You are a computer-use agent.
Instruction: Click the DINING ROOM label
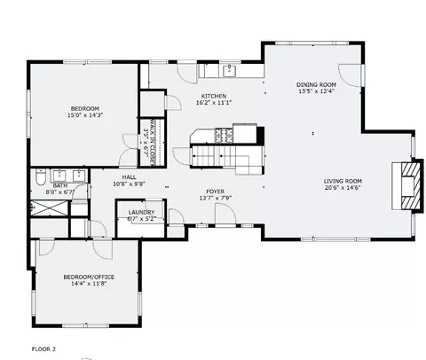316,85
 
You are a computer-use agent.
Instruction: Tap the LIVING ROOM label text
343,181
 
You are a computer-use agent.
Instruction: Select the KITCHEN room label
214,96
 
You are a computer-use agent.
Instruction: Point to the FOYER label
216,192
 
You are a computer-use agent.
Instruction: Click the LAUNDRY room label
141,212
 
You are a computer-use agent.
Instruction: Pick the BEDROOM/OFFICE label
89,277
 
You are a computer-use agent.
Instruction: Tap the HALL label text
130,177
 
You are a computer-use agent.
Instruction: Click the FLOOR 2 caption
43,349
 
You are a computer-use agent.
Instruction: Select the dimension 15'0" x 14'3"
85,115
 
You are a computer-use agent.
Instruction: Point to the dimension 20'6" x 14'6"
343,188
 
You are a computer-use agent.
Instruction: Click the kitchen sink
229,71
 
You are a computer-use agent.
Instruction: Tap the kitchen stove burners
224,136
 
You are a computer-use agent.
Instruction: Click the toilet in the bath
40,176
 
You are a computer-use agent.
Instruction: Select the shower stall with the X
50,208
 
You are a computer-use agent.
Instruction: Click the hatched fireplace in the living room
410,186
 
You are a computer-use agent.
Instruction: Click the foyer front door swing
225,215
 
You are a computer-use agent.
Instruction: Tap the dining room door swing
351,75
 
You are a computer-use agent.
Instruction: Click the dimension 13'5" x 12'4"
316,91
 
